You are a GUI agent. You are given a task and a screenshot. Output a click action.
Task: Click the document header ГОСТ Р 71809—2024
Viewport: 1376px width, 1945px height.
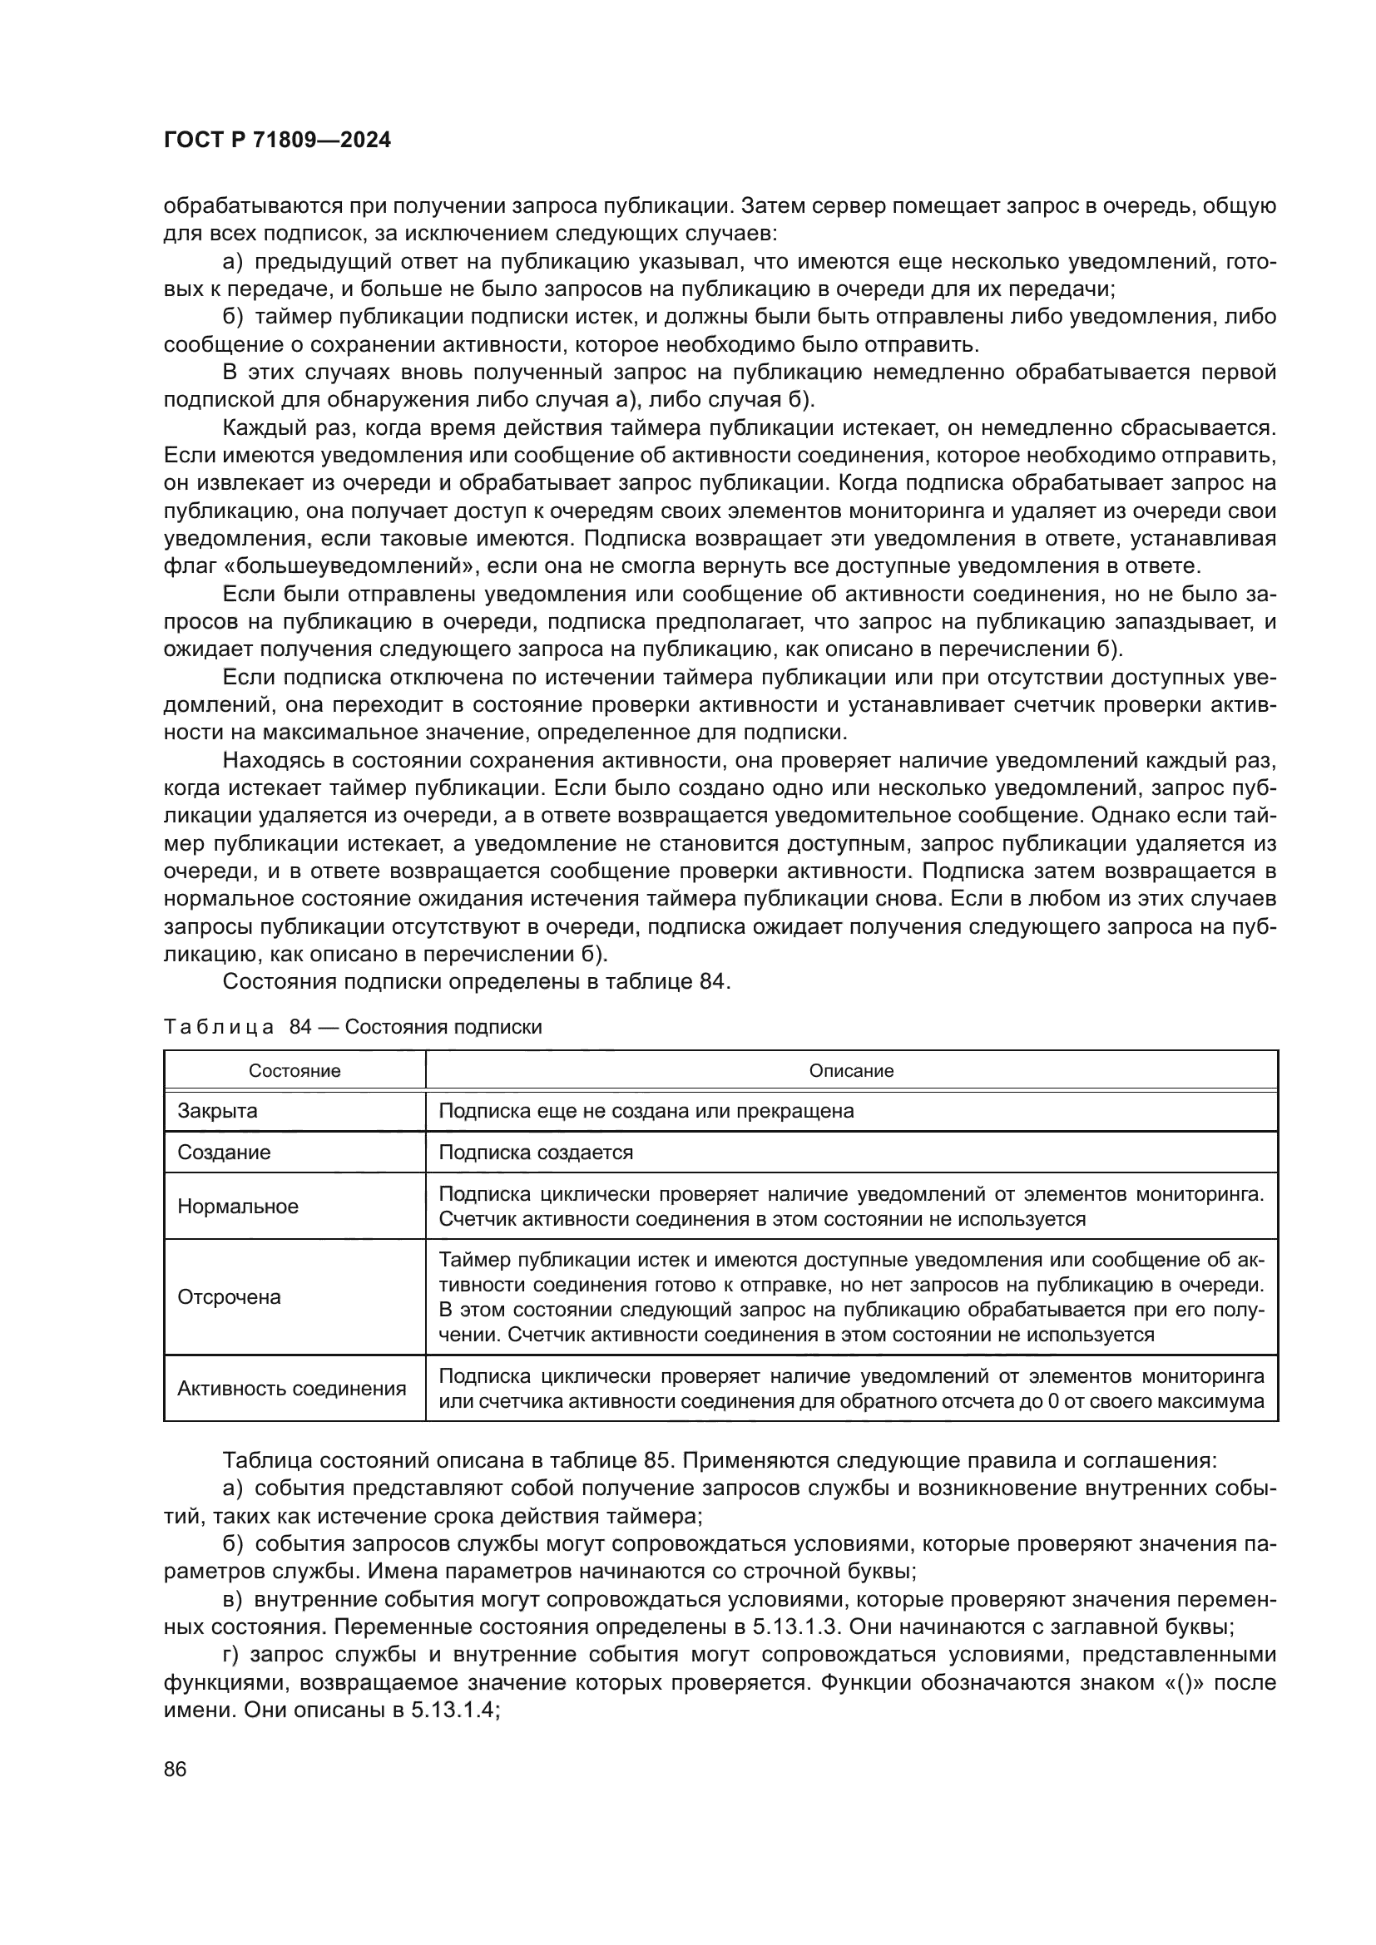click(277, 141)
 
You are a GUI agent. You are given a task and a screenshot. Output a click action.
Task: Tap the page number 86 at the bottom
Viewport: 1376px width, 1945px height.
click(176, 1770)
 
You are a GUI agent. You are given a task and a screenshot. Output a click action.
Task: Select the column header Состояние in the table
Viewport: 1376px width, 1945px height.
click(294, 1071)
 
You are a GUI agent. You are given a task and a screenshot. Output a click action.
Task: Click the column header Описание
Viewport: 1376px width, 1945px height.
click(851, 1071)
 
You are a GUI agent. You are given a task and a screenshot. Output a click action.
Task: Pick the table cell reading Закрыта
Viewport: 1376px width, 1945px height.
click(218, 1111)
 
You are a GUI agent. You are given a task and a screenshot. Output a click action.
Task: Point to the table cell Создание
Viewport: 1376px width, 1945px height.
click(224, 1152)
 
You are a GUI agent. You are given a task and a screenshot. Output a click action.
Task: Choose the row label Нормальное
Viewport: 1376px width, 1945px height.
click(238, 1207)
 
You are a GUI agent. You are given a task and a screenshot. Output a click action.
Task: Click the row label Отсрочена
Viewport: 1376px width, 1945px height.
click(229, 1297)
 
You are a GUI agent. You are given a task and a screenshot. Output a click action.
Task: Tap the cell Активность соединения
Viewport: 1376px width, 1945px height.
click(291, 1389)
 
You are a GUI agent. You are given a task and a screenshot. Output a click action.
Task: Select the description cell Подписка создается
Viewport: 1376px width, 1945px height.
click(536, 1152)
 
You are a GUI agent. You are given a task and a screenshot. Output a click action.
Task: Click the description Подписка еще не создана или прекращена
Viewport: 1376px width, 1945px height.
click(646, 1111)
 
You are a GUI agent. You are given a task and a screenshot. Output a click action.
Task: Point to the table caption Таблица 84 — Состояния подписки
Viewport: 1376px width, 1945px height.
click(353, 1028)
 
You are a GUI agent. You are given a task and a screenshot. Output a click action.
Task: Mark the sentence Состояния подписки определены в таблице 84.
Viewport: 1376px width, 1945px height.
click(476, 982)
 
